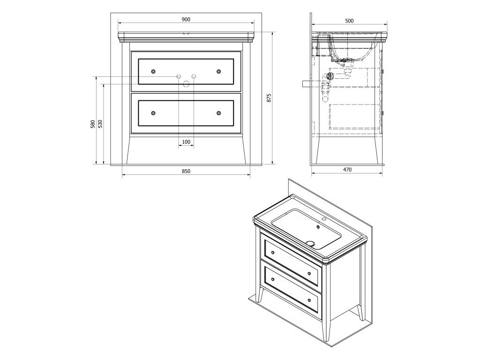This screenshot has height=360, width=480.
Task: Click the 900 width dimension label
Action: (186, 19)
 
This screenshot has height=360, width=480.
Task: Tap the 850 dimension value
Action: (186, 171)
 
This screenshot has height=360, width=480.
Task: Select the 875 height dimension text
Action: (270, 98)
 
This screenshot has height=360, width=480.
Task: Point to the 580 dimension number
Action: (93, 124)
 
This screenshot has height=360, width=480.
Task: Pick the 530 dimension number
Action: (100, 124)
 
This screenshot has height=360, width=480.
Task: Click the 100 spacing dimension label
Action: (186, 142)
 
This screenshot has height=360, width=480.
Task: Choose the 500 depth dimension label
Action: (349, 21)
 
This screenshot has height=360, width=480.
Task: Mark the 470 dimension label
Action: (347, 169)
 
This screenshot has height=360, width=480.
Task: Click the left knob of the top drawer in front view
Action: (153, 72)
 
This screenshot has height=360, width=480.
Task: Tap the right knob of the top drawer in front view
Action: (218, 72)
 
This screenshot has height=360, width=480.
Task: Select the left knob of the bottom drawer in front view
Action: (153, 113)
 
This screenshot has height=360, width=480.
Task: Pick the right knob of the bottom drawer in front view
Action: (218, 113)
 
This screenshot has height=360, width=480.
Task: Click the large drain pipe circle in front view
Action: (186, 84)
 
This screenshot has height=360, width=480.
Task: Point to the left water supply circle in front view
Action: (179, 76)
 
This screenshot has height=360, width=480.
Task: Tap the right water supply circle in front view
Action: (194, 76)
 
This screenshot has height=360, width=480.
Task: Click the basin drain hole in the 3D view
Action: (310, 244)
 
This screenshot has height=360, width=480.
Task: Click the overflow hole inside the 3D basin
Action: (318, 227)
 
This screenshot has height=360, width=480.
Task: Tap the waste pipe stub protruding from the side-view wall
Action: (307, 83)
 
